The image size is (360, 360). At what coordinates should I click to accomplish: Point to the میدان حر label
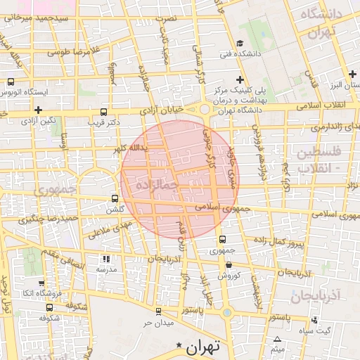(x=157, y=323)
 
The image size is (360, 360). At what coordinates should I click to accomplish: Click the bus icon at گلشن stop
(x=115, y=199)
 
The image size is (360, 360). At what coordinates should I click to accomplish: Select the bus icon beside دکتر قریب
(x=104, y=112)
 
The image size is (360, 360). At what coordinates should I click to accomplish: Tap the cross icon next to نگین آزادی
(x=38, y=110)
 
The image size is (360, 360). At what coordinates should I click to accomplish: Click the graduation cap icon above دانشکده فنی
(x=240, y=44)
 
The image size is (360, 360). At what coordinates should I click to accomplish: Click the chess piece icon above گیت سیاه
(x=315, y=320)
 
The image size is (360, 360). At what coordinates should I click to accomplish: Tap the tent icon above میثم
(x=278, y=340)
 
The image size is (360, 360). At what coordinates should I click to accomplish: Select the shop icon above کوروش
(x=230, y=264)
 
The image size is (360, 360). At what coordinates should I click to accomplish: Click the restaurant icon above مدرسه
(x=107, y=259)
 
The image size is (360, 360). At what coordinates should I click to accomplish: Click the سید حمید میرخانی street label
(x=53, y=15)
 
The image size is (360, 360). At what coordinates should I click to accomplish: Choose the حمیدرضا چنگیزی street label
(x=48, y=219)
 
